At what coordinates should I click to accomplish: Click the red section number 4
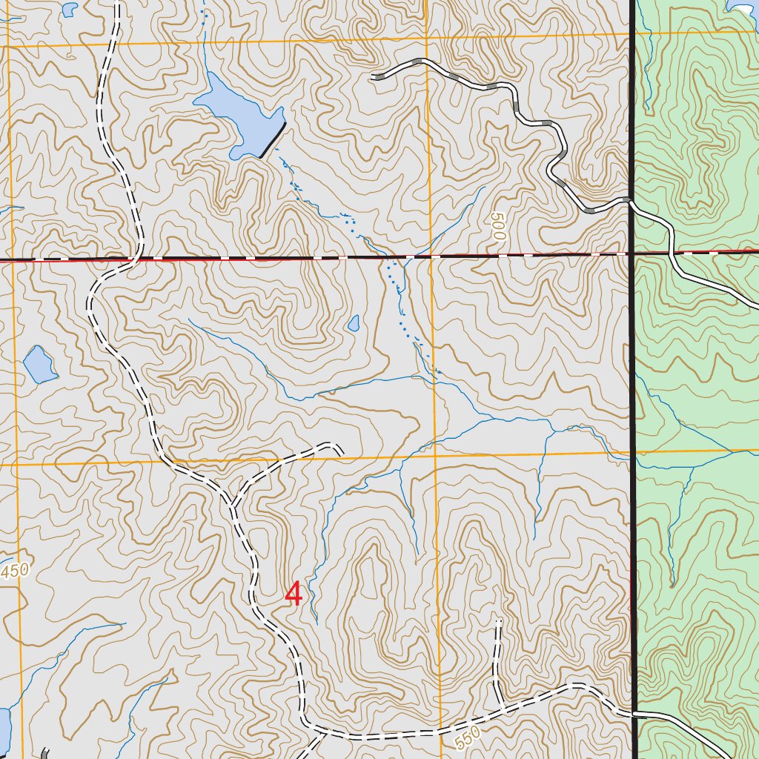pyautogui.click(x=294, y=594)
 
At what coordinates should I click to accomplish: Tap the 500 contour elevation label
pyautogui.click(x=496, y=228)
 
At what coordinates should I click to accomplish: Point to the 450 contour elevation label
pyautogui.click(x=14, y=571)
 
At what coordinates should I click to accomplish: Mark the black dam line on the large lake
pyautogui.click(x=273, y=140)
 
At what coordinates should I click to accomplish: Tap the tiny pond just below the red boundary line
pyautogui.click(x=354, y=323)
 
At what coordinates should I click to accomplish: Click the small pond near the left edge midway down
pyautogui.click(x=39, y=364)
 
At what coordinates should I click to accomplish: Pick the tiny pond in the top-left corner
pyautogui.click(x=69, y=9)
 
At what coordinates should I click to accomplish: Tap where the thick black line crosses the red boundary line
pyautogui.click(x=632, y=253)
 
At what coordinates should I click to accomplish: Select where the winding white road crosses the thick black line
pyautogui.click(x=630, y=199)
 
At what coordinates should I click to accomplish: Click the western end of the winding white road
pyautogui.click(x=373, y=76)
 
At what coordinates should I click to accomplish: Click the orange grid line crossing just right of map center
pyautogui.click(x=434, y=454)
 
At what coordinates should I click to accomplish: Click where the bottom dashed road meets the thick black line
pyautogui.click(x=635, y=714)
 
